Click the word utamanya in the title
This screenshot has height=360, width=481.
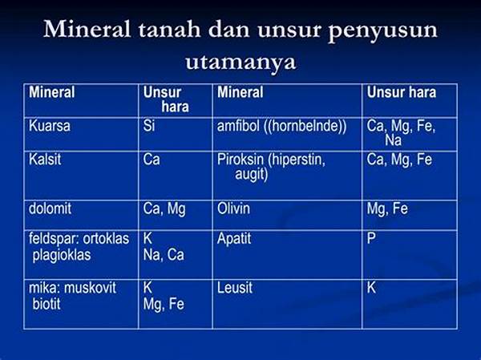click(240, 63)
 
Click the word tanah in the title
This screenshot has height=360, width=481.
click(169, 30)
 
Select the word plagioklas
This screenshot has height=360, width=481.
click(62, 255)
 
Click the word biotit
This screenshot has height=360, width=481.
click(46, 304)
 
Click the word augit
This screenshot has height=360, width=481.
click(252, 175)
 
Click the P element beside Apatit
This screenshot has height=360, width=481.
click(371, 238)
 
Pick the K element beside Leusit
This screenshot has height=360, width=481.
click(371, 288)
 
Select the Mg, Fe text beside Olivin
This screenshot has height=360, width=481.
click(387, 209)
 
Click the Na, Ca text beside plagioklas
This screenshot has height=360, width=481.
click(164, 255)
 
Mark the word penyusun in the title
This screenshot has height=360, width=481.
click(383, 30)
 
